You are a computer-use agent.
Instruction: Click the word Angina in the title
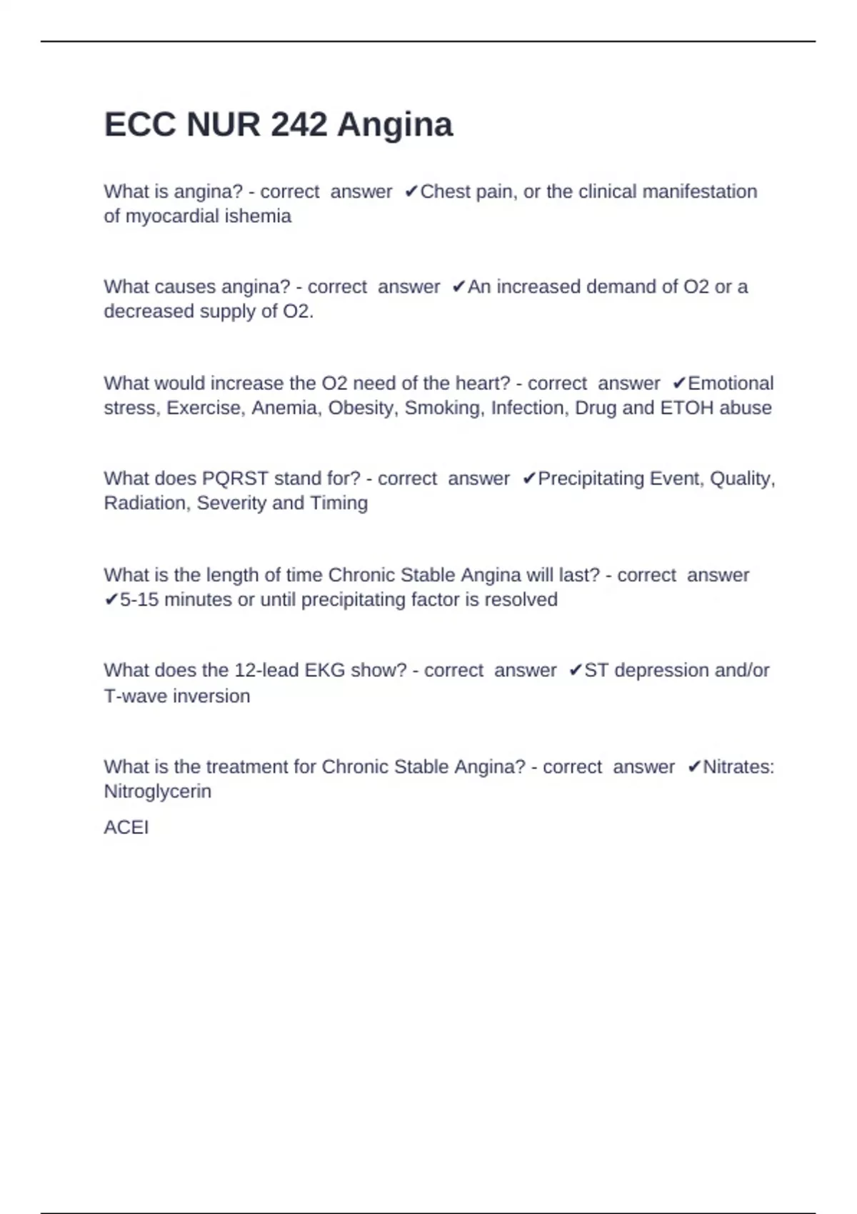(395, 125)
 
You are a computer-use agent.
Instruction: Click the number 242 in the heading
(299, 125)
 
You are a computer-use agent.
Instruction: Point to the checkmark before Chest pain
(411, 191)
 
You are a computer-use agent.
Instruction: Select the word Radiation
(146, 503)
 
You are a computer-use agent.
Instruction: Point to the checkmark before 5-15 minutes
(111, 600)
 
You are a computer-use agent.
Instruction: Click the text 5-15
(139, 600)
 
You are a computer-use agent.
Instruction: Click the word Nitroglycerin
(157, 792)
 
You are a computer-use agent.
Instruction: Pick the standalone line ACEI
(126, 828)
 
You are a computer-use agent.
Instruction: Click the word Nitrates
(738, 767)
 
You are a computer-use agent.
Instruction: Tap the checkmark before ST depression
(575, 671)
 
